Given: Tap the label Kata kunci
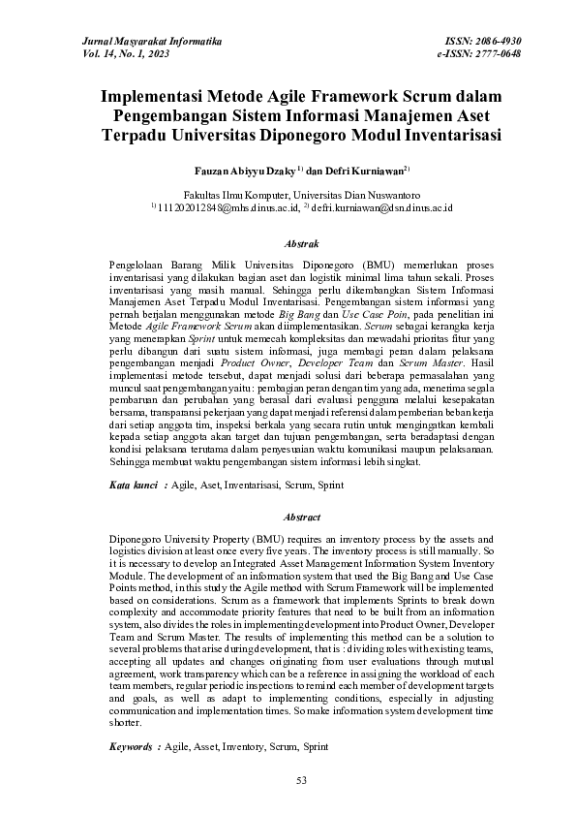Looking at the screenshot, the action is (x=133, y=482).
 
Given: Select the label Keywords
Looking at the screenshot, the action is (x=131, y=748).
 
